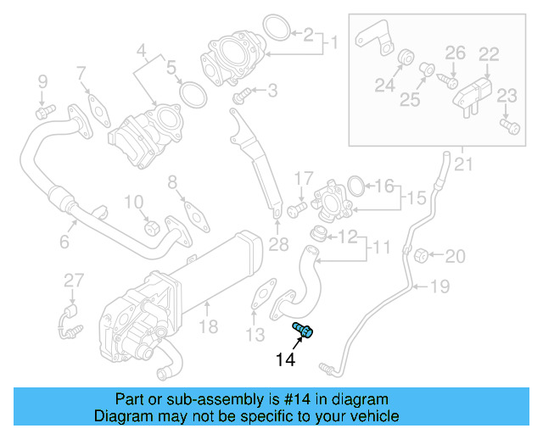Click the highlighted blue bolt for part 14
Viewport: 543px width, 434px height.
[x=303, y=329]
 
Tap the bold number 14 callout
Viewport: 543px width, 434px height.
[x=285, y=360]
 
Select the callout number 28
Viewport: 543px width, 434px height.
[x=278, y=246]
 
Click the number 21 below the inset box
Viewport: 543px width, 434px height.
[x=463, y=163]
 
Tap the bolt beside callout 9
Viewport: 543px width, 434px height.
[x=44, y=110]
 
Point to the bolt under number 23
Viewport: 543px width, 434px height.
[x=509, y=126]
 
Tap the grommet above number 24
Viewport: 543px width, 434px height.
[x=406, y=58]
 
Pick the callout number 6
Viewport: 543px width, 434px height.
[x=64, y=242]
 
